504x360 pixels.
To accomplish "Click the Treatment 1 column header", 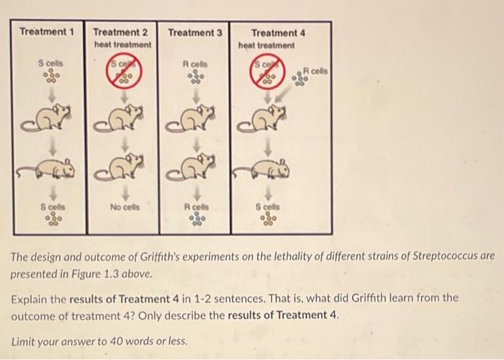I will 47,32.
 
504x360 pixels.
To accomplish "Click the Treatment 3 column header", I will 194,32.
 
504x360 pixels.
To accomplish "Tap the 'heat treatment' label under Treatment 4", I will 268,45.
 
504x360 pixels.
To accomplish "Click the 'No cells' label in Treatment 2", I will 124,207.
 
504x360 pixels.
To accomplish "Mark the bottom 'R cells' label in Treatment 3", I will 194,207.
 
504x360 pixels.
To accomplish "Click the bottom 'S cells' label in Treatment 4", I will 267,207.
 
